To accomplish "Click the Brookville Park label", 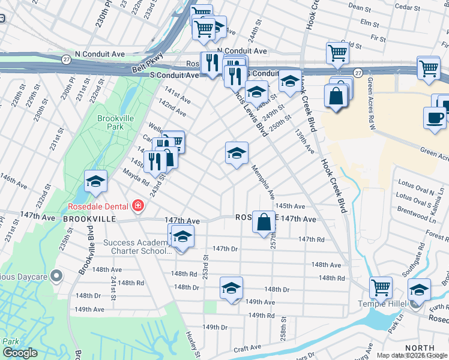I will (115, 122).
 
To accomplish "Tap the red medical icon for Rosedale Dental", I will (138, 206).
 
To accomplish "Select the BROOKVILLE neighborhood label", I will (89, 220).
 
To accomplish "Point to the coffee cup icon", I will (435, 118).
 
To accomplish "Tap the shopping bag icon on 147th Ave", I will (264, 222).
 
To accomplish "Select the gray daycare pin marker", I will (56, 276).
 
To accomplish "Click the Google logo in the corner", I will (20, 353).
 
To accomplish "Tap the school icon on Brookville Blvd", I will (95, 182).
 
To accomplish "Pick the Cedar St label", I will (406, 7).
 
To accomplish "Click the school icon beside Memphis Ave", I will (237, 153).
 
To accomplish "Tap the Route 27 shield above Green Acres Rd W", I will (358, 73).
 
